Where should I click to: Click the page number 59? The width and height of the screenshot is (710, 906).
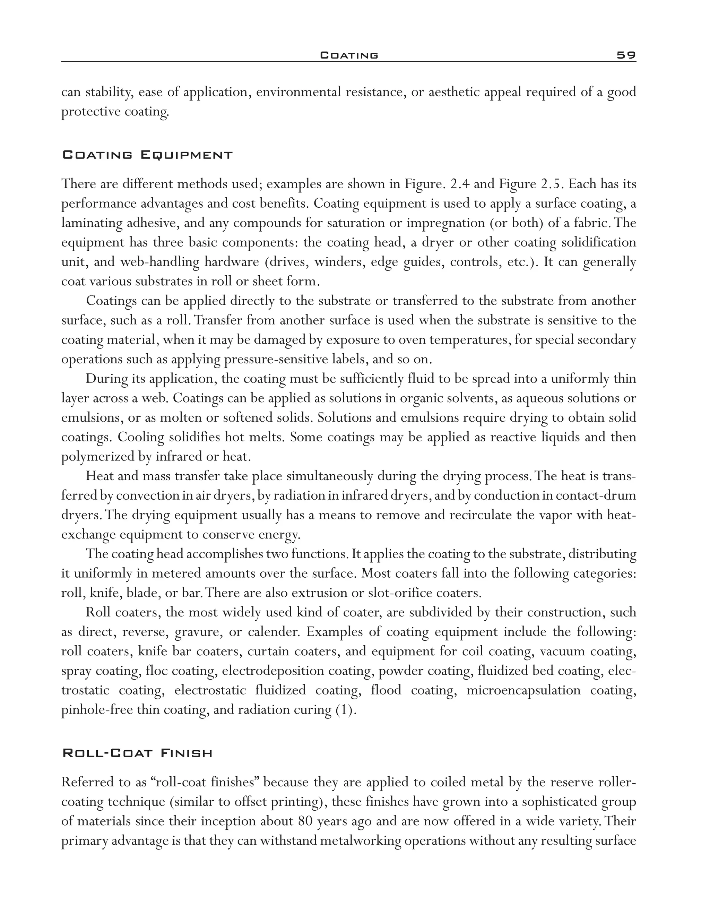point(626,55)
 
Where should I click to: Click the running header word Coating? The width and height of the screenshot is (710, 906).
point(349,55)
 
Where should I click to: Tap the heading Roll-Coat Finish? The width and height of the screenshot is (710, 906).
point(137,753)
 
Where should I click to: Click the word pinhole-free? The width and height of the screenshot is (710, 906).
point(97,710)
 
